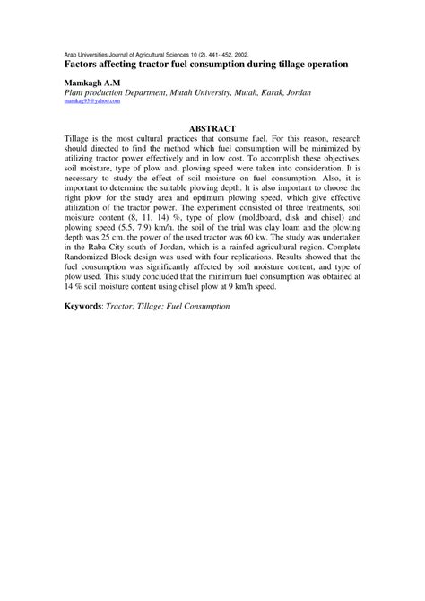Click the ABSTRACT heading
click(212, 129)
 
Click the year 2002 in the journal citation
click(251, 53)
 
